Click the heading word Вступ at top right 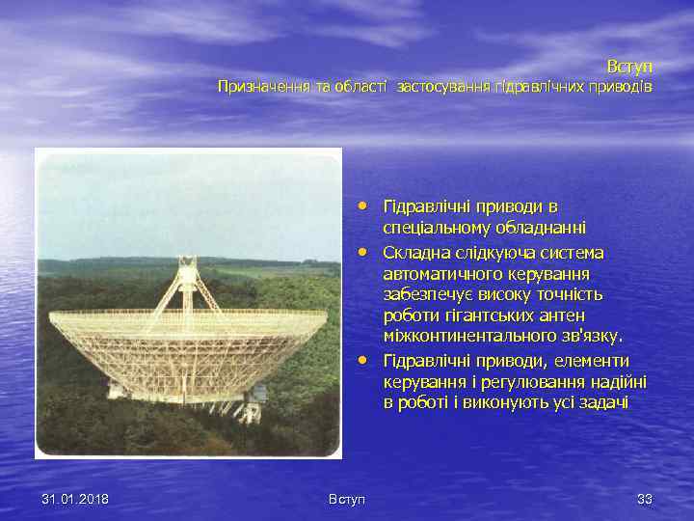pyautogui.click(x=629, y=67)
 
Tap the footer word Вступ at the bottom pyautogui.click(x=347, y=499)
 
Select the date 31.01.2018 pyautogui.click(x=75, y=499)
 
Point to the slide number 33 pyautogui.click(x=644, y=499)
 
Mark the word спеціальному pyautogui.click(x=434, y=229)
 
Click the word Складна pyautogui.click(x=415, y=253)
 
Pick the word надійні pyautogui.click(x=614, y=381)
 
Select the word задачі pyautogui.click(x=603, y=402)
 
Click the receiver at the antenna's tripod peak pyautogui.click(x=187, y=262)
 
